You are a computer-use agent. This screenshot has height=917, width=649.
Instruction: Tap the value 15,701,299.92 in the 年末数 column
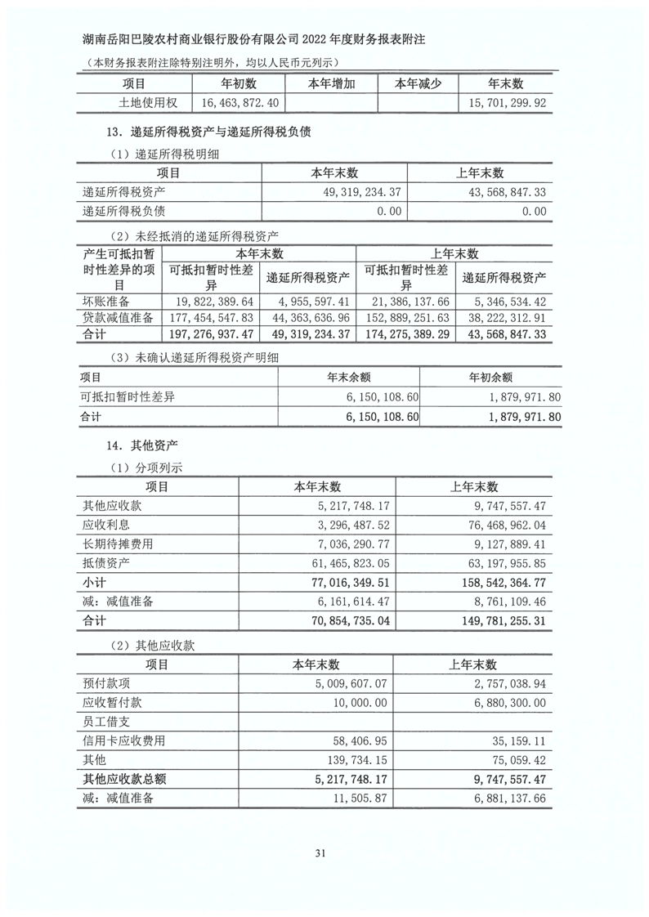point(505,103)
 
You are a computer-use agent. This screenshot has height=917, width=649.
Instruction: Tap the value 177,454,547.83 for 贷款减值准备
point(209,317)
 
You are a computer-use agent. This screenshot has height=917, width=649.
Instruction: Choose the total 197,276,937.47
point(209,335)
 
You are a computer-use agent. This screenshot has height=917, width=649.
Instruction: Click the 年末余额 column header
point(348,378)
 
